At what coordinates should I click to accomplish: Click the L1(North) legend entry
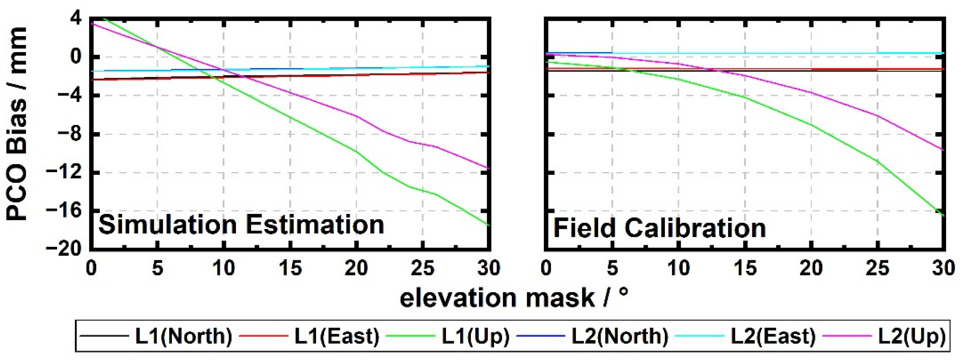(x=183, y=336)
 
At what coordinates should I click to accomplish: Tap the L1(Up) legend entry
(x=475, y=336)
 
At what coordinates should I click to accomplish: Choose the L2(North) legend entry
(x=620, y=336)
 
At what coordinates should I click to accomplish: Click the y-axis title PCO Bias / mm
(x=17, y=123)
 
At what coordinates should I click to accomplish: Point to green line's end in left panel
(x=488, y=225)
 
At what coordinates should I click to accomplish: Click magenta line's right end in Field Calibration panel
(x=943, y=150)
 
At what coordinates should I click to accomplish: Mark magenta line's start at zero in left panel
(x=92, y=24)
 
